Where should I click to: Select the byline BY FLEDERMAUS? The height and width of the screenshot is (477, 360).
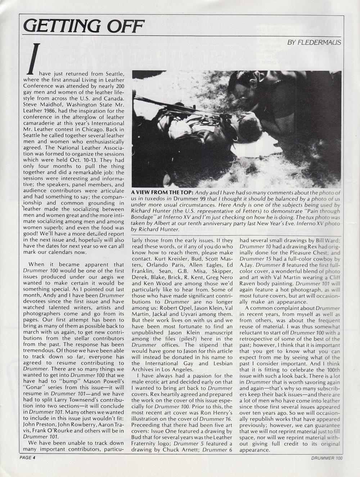click(314, 43)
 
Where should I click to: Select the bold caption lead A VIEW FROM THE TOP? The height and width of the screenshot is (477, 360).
click(162, 193)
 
